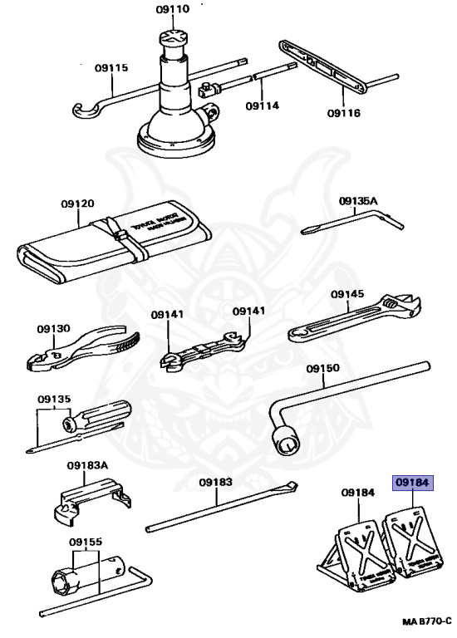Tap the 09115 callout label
pyautogui.click(x=111, y=68)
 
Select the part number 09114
pyautogui.click(x=263, y=106)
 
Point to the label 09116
pyautogui.click(x=343, y=113)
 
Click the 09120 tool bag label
pyautogui.click(x=77, y=204)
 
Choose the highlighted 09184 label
pyautogui.click(x=413, y=480)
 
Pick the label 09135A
pyautogui.click(x=358, y=201)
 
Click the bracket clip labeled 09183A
pyautogui.click(x=89, y=503)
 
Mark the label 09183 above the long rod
pyautogui.click(x=215, y=482)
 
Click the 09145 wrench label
pyautogui.click(x=346, y=293)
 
